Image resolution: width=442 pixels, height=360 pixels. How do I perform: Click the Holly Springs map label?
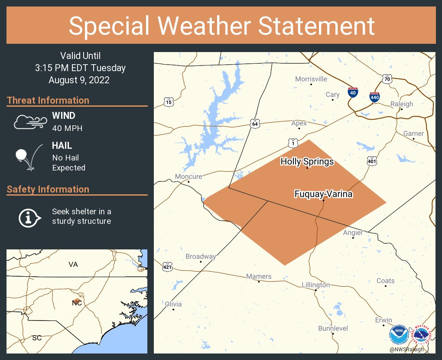coord(307,162)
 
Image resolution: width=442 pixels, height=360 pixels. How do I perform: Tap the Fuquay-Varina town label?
coord(323,194)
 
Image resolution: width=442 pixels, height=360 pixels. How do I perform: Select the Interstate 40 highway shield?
coord(353,92)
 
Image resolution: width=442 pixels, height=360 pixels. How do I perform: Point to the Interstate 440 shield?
coord(375,97)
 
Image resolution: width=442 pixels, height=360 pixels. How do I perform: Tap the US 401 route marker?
coord(371,161)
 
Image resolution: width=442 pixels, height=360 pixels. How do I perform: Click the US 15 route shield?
coord(169,102)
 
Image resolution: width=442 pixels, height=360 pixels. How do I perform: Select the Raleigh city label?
coord(402,104)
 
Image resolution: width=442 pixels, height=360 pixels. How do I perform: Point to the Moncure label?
coord(188,177)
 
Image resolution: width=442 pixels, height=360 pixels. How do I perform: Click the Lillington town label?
coord(316,285)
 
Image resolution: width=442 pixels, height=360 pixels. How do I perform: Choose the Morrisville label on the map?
coord(311,79)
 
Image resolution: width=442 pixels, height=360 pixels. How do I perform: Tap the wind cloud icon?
coord(29,122)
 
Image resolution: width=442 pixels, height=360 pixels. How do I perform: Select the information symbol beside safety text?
coord(29,217)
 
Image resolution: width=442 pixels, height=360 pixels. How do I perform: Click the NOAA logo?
coord(398,336)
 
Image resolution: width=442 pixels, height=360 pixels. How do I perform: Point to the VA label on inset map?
coord(73,264)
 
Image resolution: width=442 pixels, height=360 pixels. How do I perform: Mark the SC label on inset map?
coord(37,337)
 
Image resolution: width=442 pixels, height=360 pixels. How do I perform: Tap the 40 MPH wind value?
coord(67,128)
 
